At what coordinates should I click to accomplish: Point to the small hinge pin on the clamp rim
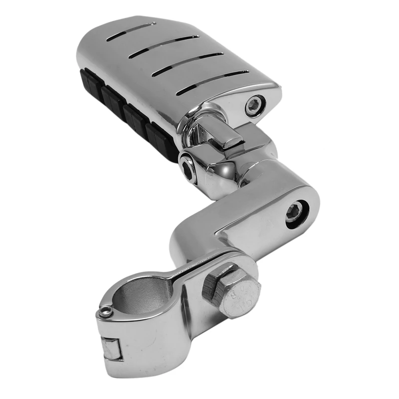pyautogui.click(x=104, y=312)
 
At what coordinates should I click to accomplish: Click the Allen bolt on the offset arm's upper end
pyautogui.click(x=294, y=213)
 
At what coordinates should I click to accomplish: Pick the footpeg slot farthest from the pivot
pyautogui.click(x=135, y=28)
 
